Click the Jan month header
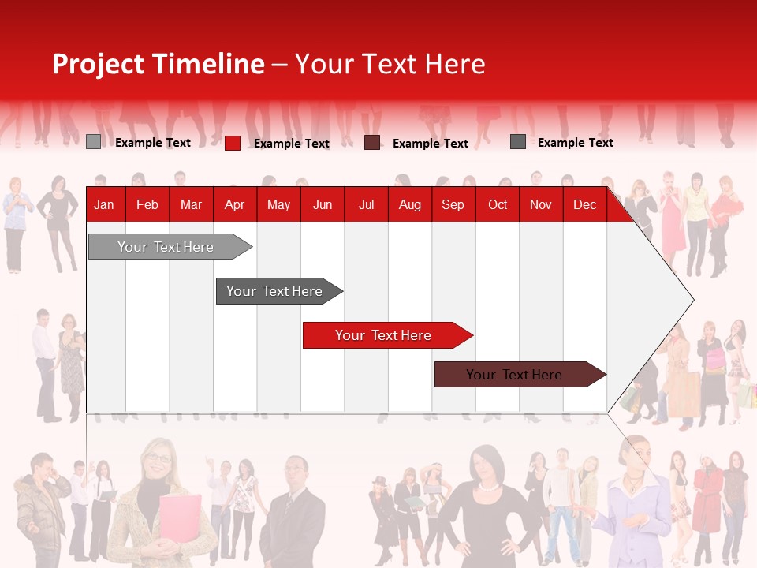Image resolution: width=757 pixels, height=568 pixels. click(x=104, y=204)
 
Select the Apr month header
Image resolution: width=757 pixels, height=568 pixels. click(x=234, y=204)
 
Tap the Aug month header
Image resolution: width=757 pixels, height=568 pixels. click(x=409, y=204)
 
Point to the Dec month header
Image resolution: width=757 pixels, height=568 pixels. click(x=584, y=204)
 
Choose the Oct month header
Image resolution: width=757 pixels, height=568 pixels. click(x=497, y=204)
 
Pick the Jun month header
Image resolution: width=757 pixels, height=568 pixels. click(x=322, y=204)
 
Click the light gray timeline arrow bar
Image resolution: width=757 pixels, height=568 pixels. click(x=166, y=247)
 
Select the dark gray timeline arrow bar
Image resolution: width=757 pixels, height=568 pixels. click(x=274, y=291)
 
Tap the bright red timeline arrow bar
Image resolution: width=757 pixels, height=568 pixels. click(x=383, y=335)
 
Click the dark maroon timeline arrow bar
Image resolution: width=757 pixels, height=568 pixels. click(x=514, y=375)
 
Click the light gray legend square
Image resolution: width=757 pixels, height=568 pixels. click(x=93, y=142)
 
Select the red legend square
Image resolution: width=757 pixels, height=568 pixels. click(x=232, y=143)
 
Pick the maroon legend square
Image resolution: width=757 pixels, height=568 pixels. click(x=372, y=143)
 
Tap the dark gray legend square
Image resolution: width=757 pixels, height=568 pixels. click(x=517, y=142)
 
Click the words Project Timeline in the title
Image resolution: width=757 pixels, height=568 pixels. click(x=158, y=64)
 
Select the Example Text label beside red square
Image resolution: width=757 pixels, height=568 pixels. click(x=291, y=144)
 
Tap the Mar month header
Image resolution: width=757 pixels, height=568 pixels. click(x=191, y=204)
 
